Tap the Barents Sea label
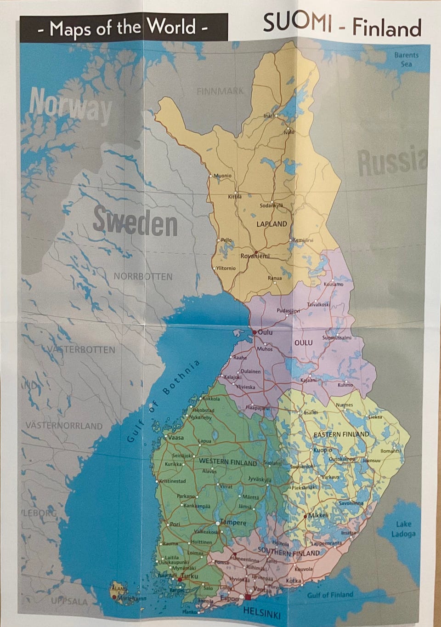click(406, 59)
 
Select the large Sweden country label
click(135, 222)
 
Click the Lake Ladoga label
click(403, 529)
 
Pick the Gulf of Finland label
click(330, 594)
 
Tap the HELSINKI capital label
click(261, 612)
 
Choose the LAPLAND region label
click(271, 224)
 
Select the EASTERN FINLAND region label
click(341, 434)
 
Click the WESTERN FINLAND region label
click(228, 462)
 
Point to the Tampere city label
click(234, 523)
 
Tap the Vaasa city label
click(175, 438)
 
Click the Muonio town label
click(223, 176)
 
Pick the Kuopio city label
click(322, 450)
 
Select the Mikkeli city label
click(318, 515)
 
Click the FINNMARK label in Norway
click(220, 91)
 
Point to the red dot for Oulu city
click(254, 332)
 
